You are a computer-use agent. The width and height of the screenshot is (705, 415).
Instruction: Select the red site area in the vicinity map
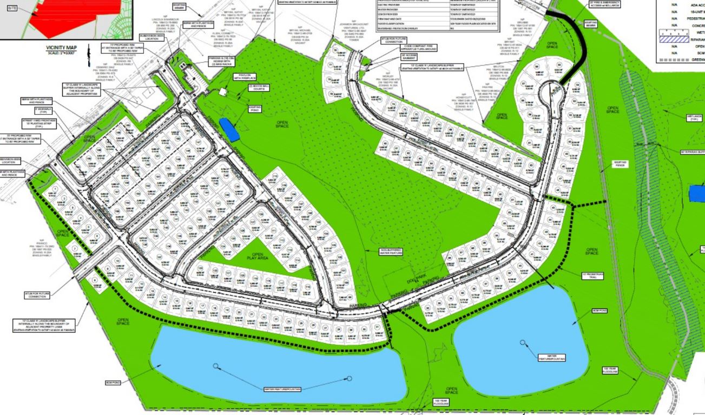coord(76,16)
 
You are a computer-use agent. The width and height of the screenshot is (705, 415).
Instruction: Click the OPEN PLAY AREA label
coord(257,257)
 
